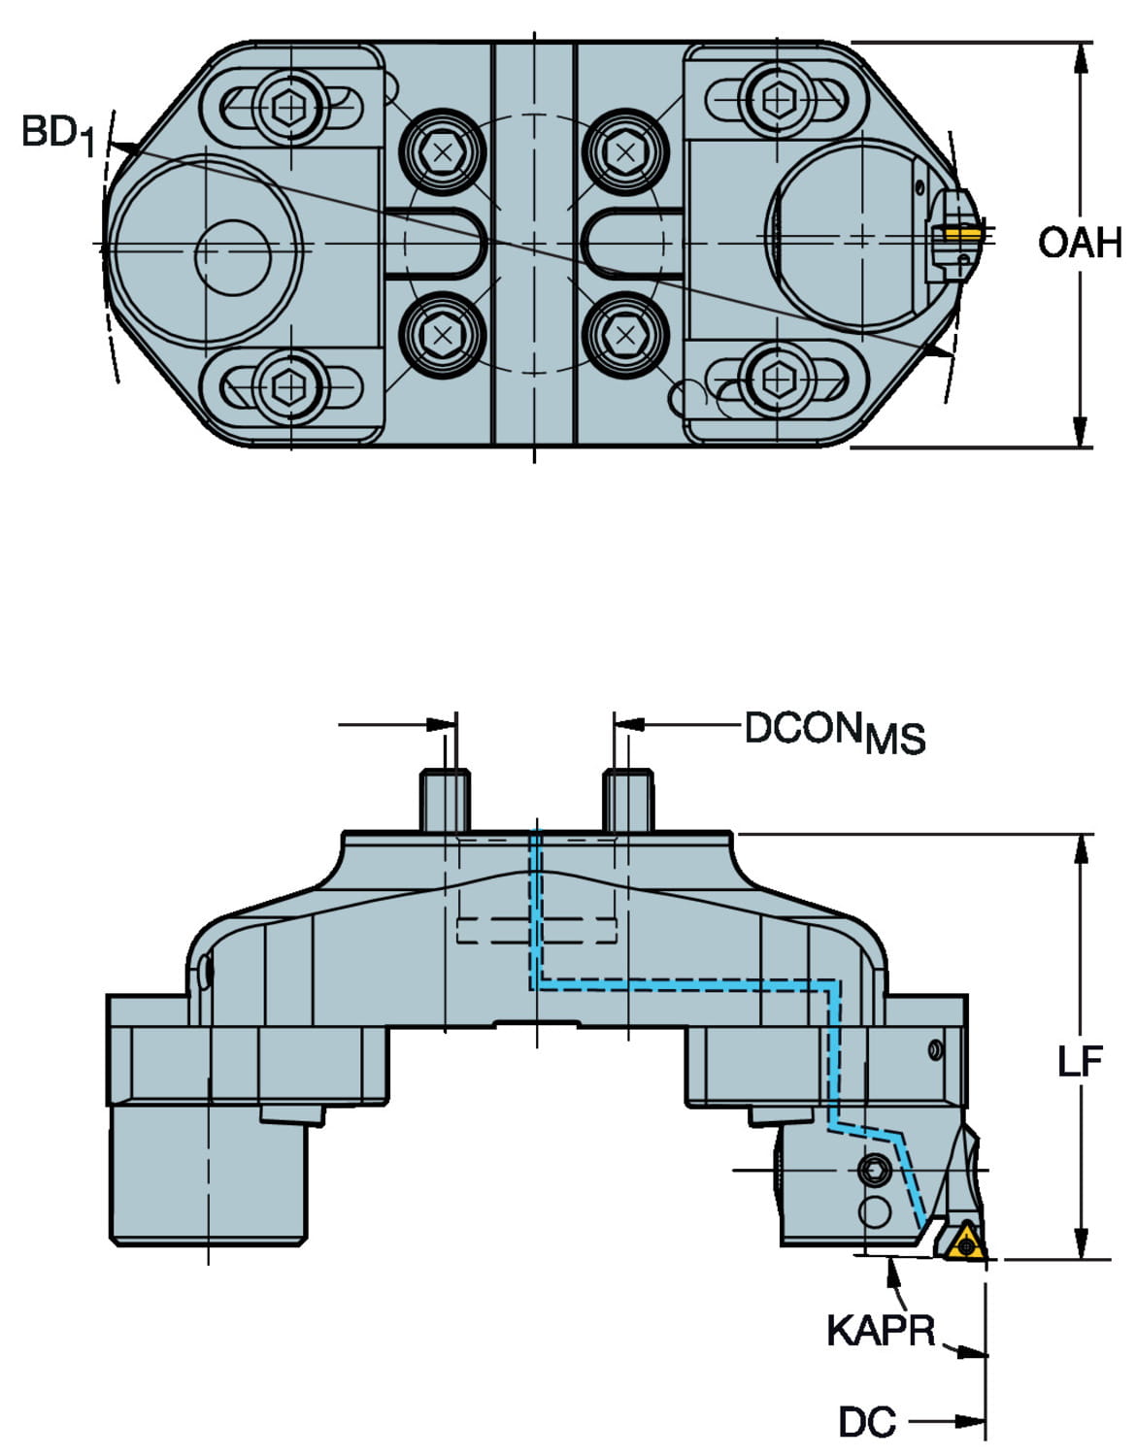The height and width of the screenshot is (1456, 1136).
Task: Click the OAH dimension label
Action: [1079, 243]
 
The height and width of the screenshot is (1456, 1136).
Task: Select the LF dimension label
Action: [1080, 1062]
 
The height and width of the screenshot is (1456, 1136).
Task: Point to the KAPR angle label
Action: [880, 1330]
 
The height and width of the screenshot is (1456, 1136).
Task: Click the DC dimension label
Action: [866, 1423]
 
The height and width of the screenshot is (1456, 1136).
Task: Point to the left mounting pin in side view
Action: [445, 799]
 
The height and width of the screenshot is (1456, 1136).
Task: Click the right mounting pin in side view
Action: [627, 799]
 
